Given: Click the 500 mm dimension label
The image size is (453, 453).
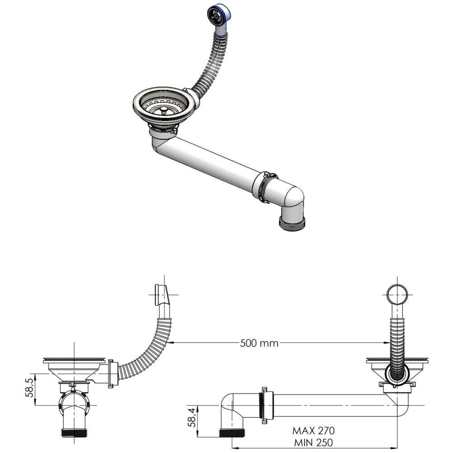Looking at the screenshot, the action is click(259, 343).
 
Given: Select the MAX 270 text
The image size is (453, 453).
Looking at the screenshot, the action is click(313, 431).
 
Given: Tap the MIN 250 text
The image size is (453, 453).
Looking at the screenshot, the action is click(313, 442).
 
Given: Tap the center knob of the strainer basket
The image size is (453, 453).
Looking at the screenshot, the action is click(164, 110).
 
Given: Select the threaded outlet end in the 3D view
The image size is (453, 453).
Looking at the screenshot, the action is click(292, 223).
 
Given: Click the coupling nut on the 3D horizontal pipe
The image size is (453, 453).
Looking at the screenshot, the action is click(265, 187).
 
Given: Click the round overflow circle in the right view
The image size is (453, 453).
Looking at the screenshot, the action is click(397, 295).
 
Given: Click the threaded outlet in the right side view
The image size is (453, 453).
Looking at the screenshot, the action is click(232, 433).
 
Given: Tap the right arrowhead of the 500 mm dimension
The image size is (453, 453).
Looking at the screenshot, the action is click(387, 343).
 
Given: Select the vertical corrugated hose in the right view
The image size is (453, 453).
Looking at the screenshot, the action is click(397, 347).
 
